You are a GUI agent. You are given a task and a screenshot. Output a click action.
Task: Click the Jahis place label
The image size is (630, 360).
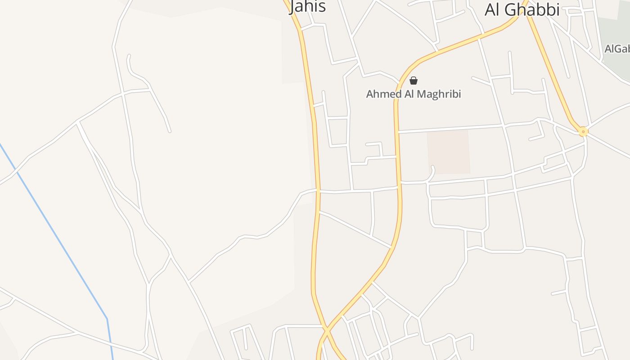308,6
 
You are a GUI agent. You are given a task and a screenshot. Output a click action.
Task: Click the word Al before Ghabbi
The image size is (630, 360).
494,9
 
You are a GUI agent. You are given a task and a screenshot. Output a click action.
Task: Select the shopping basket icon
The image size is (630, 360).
414,81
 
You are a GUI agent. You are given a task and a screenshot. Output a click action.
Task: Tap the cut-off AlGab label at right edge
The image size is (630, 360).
617,49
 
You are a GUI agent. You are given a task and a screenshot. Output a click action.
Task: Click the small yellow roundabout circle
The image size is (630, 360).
583,132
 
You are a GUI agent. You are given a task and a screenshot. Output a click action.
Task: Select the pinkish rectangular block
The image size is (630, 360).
449,152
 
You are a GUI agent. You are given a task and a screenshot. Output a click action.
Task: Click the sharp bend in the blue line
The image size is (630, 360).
107,319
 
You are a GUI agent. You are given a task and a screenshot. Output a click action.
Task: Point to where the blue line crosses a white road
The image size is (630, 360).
17,170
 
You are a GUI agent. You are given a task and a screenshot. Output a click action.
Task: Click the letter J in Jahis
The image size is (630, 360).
294,6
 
